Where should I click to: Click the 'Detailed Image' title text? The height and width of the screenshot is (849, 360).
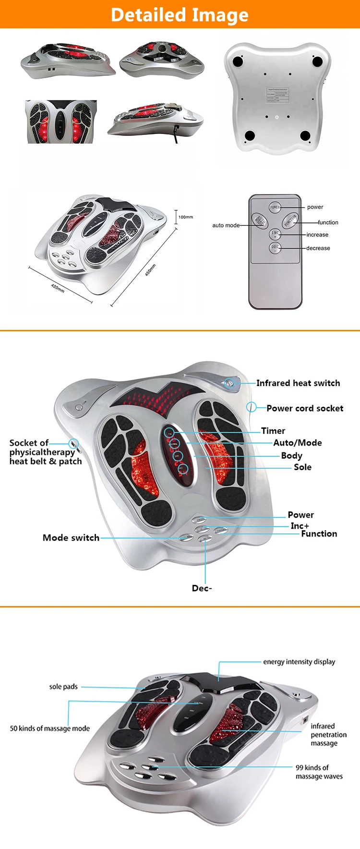pyautogui.click(x=180, y=15)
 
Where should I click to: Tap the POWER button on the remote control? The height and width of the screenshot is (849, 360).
pyautogui.click(x=275, y=207)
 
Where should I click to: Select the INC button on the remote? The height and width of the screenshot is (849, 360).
pyautogui.click(x=275, y=234)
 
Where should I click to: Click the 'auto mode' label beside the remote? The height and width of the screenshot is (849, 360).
pyautogui.click(x=226, y=225)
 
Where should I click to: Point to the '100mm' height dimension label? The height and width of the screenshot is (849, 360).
pyautogui.click(x=186, y=217)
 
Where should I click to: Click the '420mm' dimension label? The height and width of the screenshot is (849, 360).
pyautogui.click(x=58, y=288)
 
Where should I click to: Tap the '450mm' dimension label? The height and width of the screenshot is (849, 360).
pyautogui.click(x=150, y=270)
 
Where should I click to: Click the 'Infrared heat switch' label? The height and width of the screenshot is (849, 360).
pyautogui.click(x=298, y=383)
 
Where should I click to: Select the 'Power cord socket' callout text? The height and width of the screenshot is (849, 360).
pyautogui.click(x=305, y=408)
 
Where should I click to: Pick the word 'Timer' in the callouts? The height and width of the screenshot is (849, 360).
pyautogui.click(x=273, y=431)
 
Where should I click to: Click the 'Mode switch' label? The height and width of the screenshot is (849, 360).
pyautogui.click(x=71, y=538)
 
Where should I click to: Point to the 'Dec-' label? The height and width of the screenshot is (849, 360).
pyautogui.click(x=202, y=588)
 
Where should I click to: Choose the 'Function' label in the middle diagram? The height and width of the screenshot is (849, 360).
pyautogui.click(x=319, y=534)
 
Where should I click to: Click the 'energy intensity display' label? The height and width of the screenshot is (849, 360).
pyautogui.click(x=299, y=662)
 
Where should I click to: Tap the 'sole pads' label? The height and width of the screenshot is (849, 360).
pyautogui.click(x=63, y=687)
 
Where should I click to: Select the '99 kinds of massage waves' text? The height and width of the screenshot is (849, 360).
pyautogui.click(x=319, y=772)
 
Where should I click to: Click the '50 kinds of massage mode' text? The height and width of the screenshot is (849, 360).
pyautogui.click(x=50, y=728)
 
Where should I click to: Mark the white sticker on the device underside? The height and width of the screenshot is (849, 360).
pyautogui.click(x=277, y=95)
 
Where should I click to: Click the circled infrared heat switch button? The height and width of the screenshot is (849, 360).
pyautogui.click(x=229, y=383)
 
